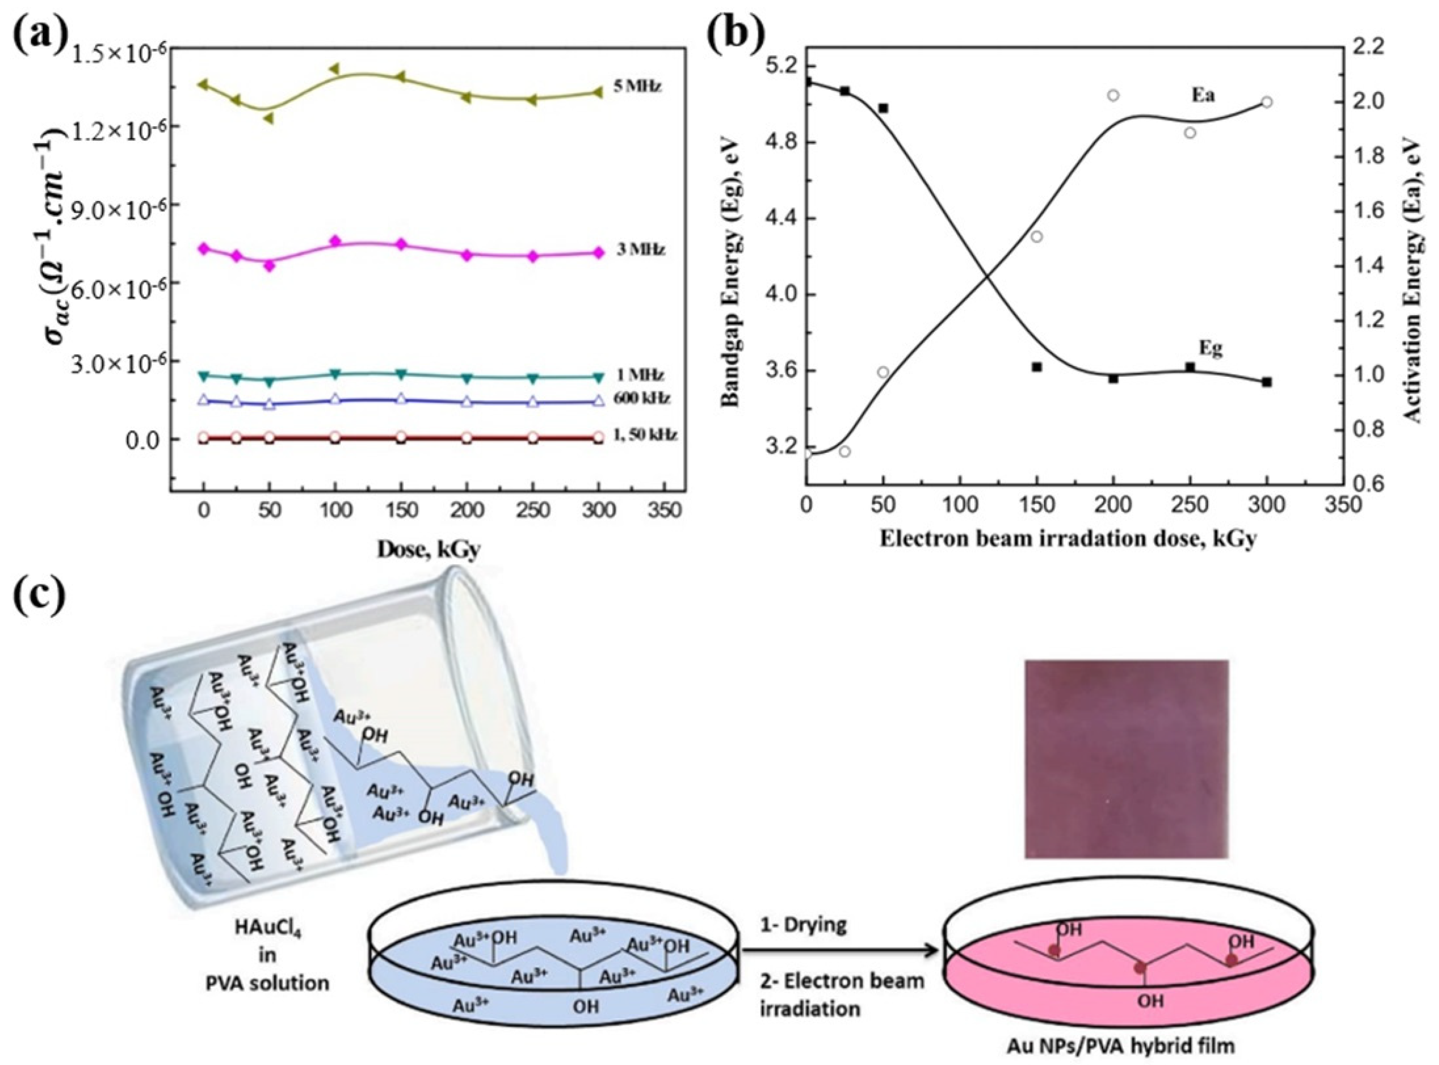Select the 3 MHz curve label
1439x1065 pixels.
point(640,250)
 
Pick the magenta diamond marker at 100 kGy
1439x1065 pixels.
point(335,241)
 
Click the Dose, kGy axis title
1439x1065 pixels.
point(428,549)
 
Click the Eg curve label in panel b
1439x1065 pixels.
point(1210,349)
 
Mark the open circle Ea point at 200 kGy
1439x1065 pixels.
point(1113,95)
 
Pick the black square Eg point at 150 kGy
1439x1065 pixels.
point(1037,367)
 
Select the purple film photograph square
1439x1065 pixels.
point(1126,759)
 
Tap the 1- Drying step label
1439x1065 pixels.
point(803,925)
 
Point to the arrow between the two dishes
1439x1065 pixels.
point(838,949)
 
